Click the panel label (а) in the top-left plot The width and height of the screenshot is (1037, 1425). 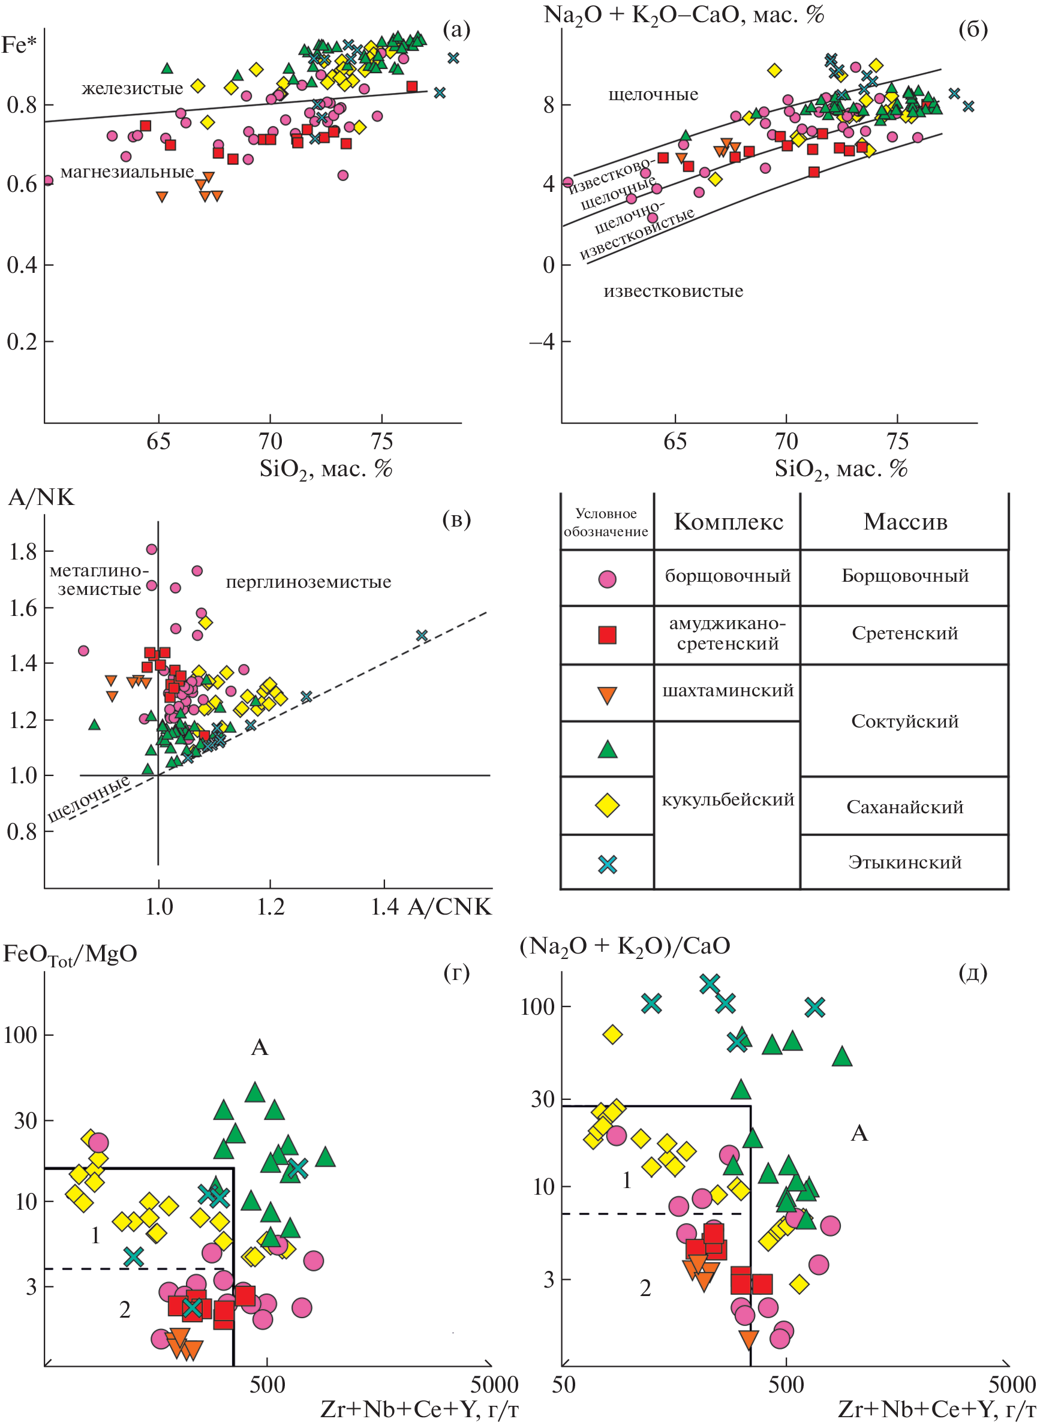(456, 29)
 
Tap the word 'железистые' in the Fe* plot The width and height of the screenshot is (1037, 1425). (133, 88)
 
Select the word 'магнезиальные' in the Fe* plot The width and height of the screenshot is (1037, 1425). (127, 172)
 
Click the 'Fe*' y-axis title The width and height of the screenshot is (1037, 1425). (19, 45)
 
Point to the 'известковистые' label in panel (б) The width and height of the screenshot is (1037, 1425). (673, 291)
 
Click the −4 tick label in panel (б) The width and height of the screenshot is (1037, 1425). (542, 342)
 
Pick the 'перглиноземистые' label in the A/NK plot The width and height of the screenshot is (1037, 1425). (308, 582)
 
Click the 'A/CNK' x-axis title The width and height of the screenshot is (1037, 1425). (449, 907)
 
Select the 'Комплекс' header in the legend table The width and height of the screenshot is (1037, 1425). (728, 522)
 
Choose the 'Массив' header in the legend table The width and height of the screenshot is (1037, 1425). (905, 522)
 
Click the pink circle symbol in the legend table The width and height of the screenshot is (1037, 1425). (607, 579)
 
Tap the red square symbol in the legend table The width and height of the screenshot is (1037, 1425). (607, 635)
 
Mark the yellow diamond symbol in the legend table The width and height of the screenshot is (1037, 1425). (607, 805)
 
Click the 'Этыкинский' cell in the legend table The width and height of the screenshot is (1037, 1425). (905, 862)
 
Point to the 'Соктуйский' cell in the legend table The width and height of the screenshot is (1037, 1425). (905, 721)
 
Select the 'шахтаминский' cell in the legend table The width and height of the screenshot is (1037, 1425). (728, 690)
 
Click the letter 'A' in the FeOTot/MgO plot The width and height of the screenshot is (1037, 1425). (260, 1047)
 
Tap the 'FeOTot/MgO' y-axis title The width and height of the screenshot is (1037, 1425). (70, 953)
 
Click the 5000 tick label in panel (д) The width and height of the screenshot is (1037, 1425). (1012, 1385)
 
